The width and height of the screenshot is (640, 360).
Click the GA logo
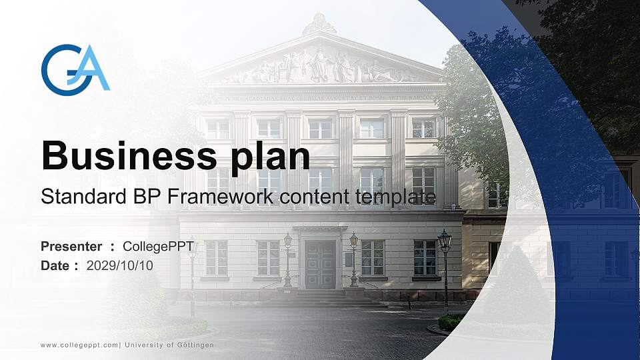[75, 69]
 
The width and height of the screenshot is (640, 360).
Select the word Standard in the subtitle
[73, 197]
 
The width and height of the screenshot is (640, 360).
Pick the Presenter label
[71, 247]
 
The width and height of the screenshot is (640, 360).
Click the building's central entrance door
[320, 264]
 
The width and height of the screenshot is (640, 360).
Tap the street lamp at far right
[445, 241]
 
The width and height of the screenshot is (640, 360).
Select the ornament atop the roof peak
[320, 24]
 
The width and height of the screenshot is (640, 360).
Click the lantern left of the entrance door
[288, 241]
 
